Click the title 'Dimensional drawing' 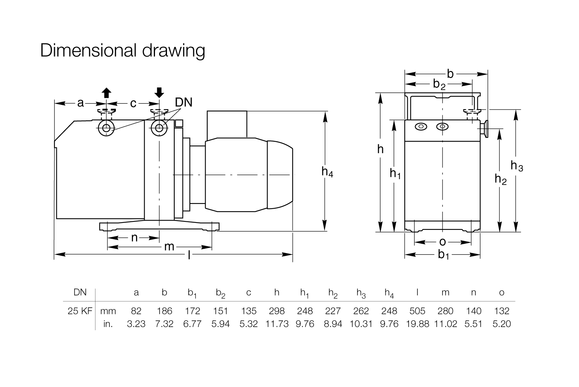pos(123,51)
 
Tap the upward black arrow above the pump pos(106,93)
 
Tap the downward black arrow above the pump pos(159,92)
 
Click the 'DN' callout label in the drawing pos(184,103)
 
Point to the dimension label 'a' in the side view pos(80,103)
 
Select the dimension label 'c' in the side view pos(133,104)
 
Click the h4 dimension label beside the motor pos(327,172)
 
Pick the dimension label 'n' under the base pos(134,238)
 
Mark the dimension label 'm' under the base pos(169,247)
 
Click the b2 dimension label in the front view pos(439,84)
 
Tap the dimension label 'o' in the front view pos(443,242)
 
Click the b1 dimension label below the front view pos(444,255)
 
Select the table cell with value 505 pos(417,311)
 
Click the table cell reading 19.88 pos(417,324)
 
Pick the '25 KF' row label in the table pos(80,311)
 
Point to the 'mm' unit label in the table pos(108,311)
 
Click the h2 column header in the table pos(333,293)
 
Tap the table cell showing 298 pos(277,311)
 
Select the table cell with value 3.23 pos(136,324)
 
